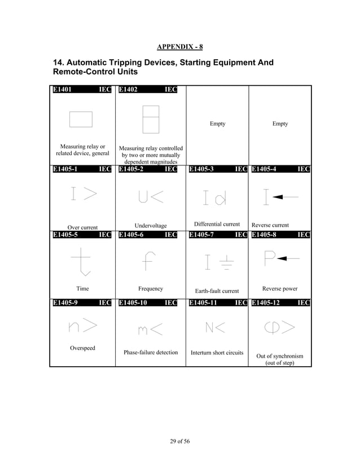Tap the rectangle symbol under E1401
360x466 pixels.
(81, 120)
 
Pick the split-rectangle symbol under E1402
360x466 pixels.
(151, 119)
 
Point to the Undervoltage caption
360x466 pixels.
(151, 226)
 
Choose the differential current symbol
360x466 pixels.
(215, 197)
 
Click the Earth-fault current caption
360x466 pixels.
(217, 291)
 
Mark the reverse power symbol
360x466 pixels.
(280, 258)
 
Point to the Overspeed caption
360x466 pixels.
(82, 348)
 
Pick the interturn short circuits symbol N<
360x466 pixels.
(215, 327)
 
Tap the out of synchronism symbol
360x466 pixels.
(280, 327)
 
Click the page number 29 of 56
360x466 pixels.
(179, 441)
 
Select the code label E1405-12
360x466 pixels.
(266, 304)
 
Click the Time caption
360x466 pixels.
(82, 289)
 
